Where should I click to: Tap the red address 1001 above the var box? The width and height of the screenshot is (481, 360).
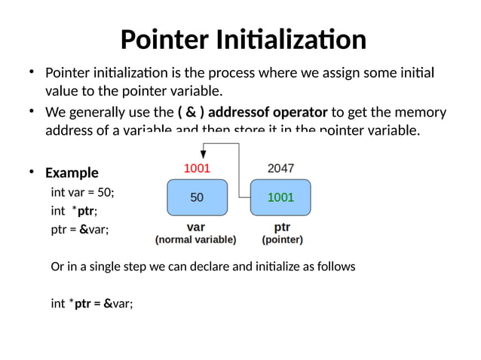196,168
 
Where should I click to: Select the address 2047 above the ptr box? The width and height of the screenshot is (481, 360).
280,168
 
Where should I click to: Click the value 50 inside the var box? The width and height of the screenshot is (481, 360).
197,198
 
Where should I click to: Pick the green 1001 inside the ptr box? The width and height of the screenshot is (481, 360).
280,198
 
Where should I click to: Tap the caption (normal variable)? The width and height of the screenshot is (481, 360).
195,240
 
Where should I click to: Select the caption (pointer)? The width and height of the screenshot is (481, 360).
282,240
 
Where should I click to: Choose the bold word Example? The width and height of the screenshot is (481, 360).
72,173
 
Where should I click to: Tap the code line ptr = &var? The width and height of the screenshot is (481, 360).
79,230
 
